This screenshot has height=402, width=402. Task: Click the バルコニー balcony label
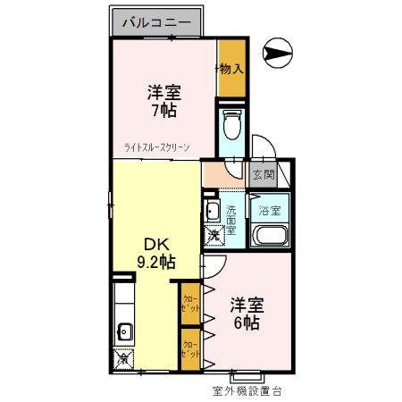147,21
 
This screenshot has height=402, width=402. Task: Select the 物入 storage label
231,68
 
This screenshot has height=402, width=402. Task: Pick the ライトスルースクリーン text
157,149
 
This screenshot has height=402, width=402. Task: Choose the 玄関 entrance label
263,175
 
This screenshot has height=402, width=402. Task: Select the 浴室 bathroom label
269,211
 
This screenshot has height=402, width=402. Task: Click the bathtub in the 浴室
269,237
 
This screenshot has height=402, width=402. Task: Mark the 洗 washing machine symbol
214,236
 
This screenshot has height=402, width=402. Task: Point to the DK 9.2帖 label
154,253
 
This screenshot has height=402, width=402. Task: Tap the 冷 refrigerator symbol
123,359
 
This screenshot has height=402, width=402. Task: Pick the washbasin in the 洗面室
213,211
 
